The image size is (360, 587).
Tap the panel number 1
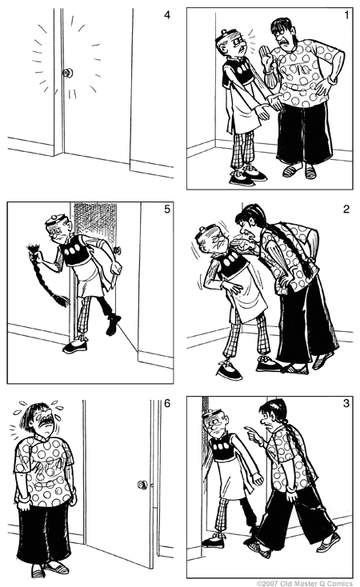pos(345,14)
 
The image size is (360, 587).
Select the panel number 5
pos(166,210)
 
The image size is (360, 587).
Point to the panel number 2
pos(345,210)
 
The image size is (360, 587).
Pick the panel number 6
pos(166,403)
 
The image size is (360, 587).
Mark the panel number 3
pos(345,403)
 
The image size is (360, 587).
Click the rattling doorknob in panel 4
pos(68,74)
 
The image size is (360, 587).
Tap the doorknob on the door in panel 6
pos(142,484)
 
